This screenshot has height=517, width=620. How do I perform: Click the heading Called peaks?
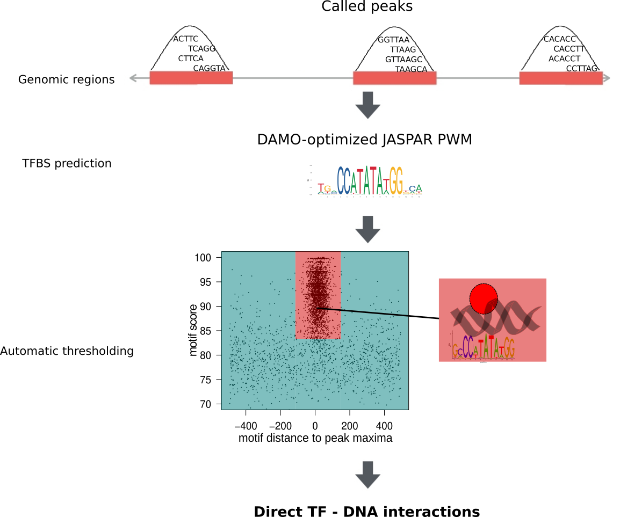click(367, 7)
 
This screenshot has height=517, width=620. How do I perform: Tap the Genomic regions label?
click(66, 80)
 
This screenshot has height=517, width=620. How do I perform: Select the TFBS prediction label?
click(67, 163)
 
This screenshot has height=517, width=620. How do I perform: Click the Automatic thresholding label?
click(67, 351)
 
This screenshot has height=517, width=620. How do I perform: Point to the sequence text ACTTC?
click(186, 39)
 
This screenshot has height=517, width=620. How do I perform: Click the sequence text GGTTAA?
click(393, 40)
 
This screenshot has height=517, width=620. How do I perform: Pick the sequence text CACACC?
click(560, 39)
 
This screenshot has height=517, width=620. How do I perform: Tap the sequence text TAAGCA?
click(411, 69)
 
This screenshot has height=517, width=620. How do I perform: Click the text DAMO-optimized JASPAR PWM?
click(364, 140)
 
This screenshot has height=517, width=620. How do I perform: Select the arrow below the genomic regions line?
click(367, 105)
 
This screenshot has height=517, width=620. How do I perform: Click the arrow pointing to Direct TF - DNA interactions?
click(367, 475)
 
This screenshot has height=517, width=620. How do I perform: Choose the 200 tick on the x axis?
click(349, 427)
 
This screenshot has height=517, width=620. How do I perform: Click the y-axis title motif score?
click(194, 330)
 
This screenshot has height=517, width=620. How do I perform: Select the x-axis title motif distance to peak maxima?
click(315, 438)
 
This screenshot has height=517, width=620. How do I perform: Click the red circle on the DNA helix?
click(483, 298)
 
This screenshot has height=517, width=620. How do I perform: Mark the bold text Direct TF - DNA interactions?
click(367, 512)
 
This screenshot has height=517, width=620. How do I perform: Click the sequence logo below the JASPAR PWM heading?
click(366, 181)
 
